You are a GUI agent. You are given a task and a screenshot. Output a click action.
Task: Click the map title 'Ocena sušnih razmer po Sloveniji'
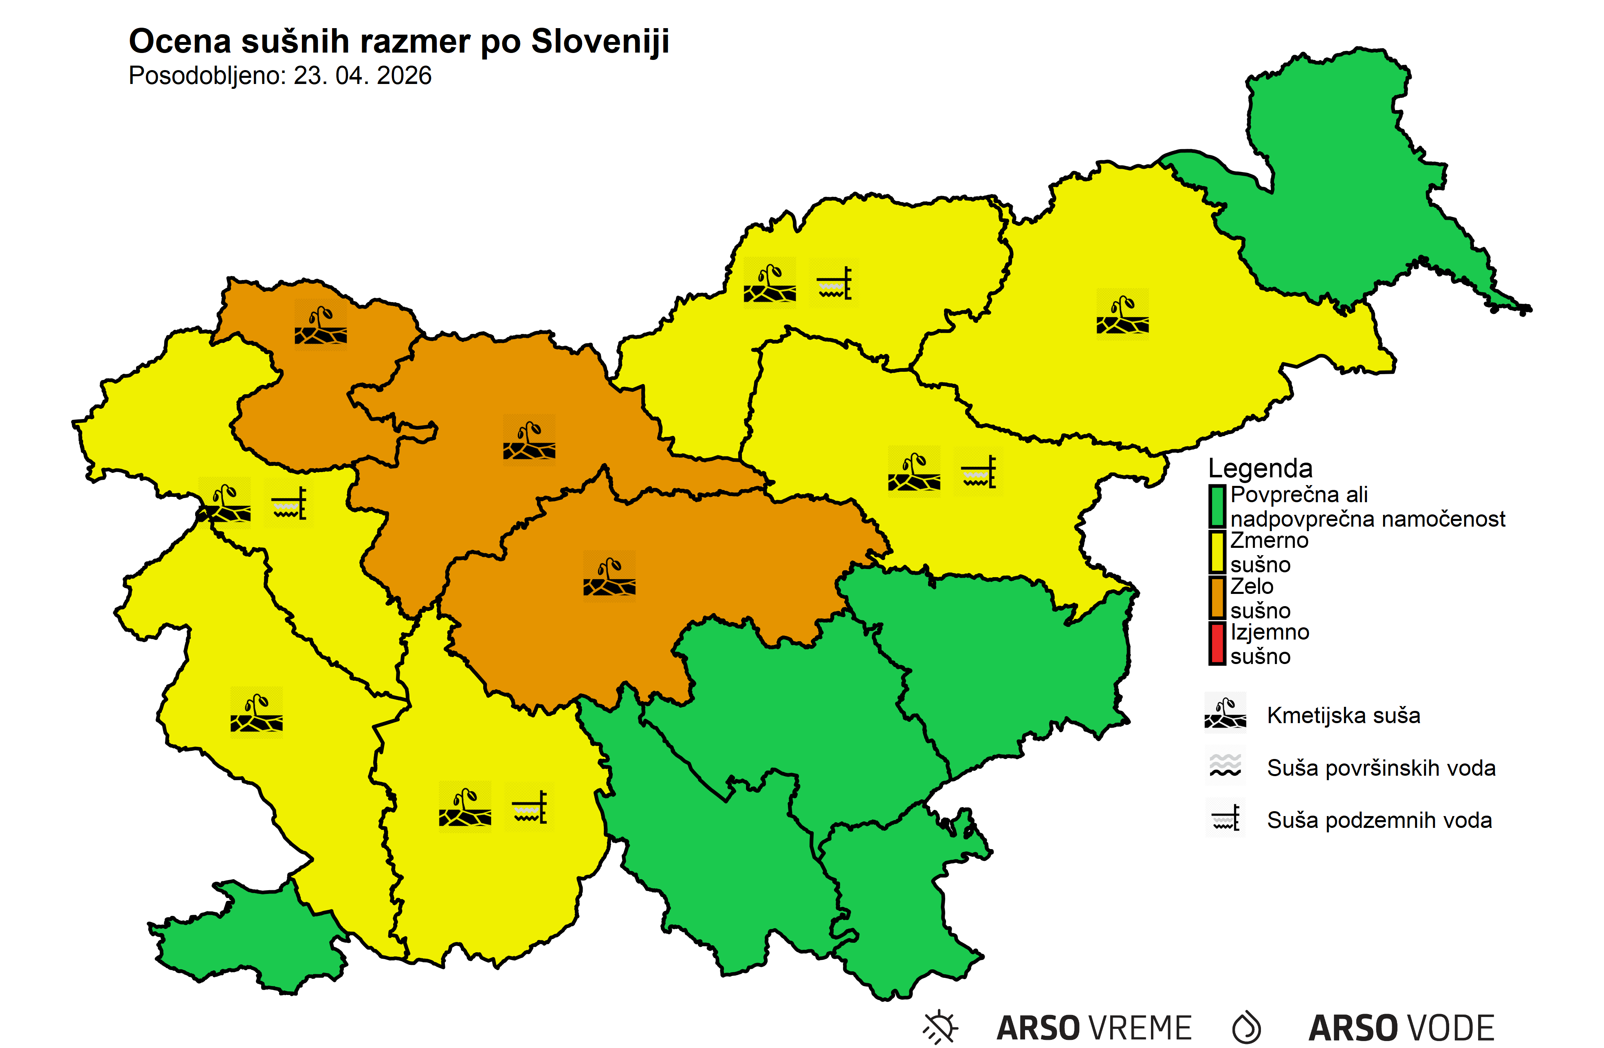(398, 42)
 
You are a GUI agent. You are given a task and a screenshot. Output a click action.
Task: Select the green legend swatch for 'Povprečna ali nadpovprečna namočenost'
(1217, 506)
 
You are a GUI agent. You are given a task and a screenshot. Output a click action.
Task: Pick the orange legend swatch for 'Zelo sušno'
(1217, 598)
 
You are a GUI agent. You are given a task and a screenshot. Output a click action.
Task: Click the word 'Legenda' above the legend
(1260, 468)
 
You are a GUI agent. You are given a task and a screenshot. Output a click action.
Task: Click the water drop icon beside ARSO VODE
(1246, 1027)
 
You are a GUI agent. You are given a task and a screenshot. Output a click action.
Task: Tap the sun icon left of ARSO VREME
(941, 1027)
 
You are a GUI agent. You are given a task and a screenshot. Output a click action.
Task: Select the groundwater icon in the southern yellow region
(530, 807)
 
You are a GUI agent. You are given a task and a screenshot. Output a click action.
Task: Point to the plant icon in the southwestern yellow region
(257, 713)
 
